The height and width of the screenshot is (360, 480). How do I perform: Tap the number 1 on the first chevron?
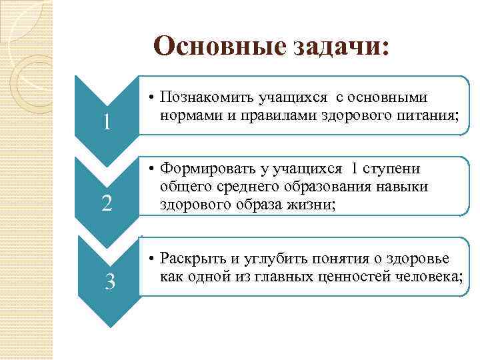(107, 123)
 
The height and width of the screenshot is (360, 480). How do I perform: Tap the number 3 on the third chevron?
(111, 283)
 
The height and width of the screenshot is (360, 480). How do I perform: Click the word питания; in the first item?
(426, 114)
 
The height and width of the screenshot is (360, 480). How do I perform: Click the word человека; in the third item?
(427, 275)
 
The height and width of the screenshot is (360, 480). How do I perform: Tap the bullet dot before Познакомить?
(152, 98)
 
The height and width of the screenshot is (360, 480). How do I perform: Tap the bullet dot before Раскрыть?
(152, 259)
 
